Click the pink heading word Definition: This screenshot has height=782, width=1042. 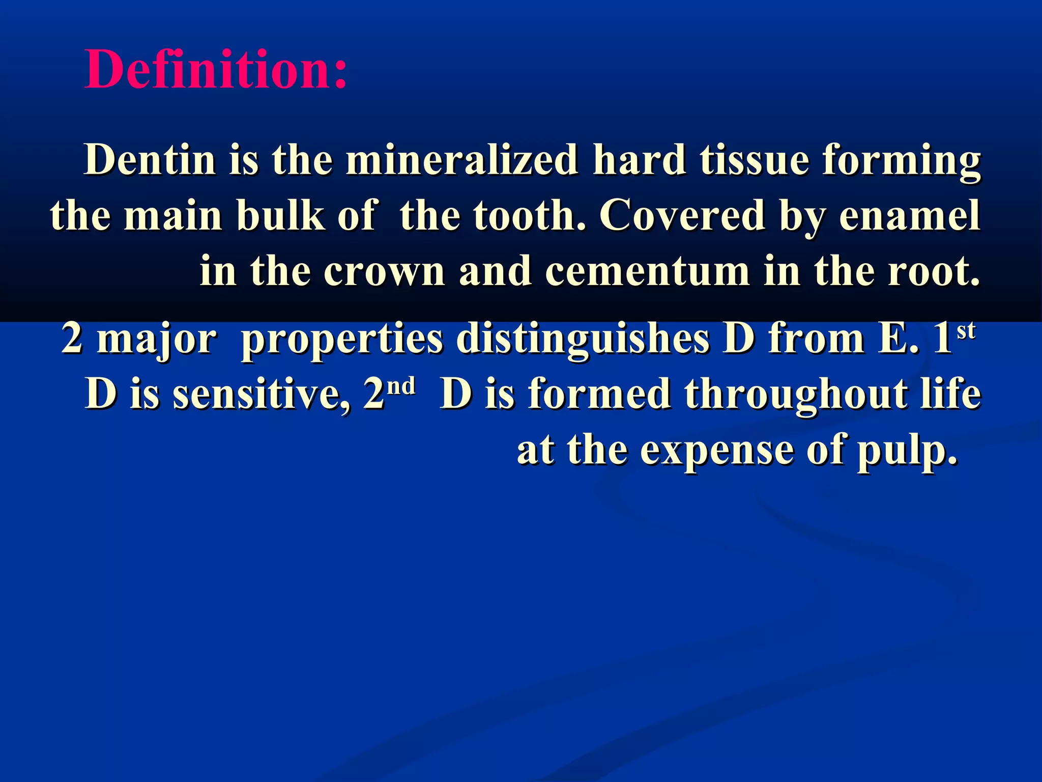(216, 70)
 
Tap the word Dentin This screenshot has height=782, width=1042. (150, 160)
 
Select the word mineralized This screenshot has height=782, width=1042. (461, 160)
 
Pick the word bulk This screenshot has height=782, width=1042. (281, 216)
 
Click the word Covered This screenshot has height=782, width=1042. (682, 216)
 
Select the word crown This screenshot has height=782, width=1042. (385, 272)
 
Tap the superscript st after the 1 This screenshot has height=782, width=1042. (966, 331)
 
